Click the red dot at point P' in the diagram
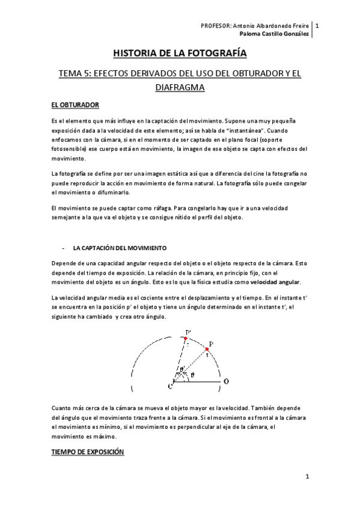tap(186, 339)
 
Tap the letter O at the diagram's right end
tap(225, 381)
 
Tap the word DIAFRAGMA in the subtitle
tap(180, 88)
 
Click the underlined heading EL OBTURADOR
tap(75, 105)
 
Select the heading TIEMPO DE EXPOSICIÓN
tap(88, 450)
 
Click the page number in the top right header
tap(317, 26)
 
